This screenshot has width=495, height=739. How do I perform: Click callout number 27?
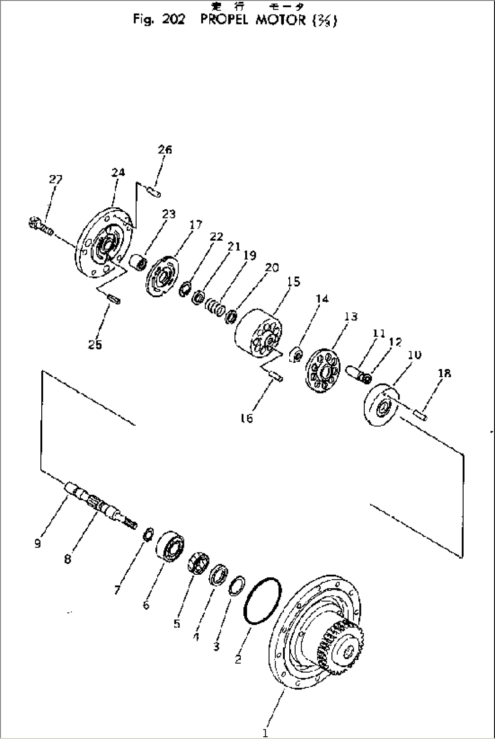[55, 180]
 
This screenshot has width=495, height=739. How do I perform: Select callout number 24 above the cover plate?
[118, 172]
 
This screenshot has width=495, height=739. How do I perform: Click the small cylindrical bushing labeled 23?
[139, 262]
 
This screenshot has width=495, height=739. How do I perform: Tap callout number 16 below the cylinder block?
[247, 418]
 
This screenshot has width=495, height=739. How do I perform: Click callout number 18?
[445, 374]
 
